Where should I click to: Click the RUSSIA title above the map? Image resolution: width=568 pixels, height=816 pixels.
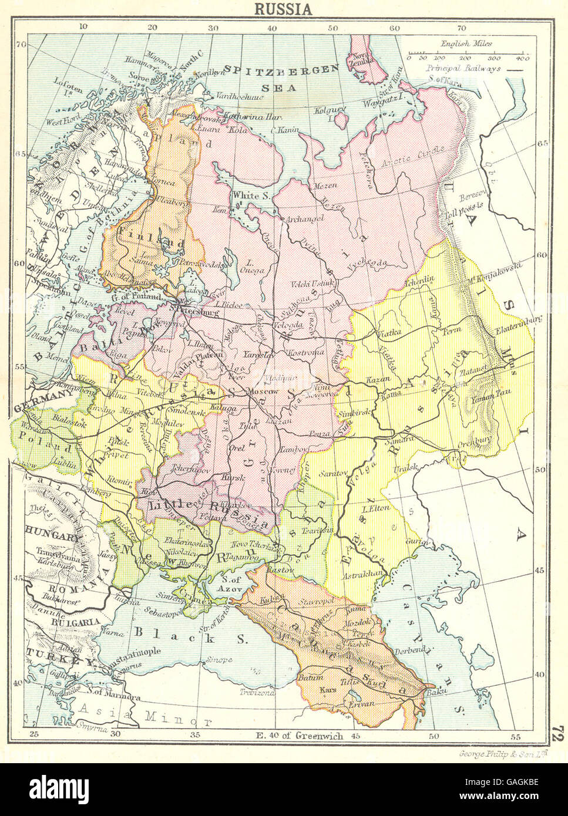point(283,9)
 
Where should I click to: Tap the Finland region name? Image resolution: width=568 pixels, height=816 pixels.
point(152,242)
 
